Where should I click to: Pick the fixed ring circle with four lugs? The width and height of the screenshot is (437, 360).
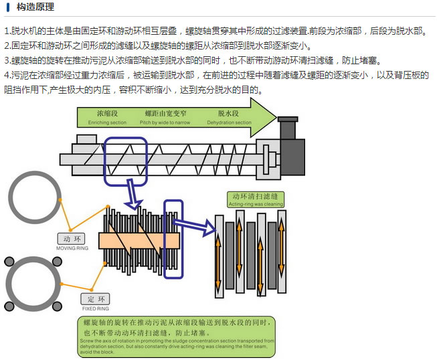point(31,282)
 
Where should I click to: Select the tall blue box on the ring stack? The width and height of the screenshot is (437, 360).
point(173,239)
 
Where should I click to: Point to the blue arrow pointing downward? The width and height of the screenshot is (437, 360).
point(134,195)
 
